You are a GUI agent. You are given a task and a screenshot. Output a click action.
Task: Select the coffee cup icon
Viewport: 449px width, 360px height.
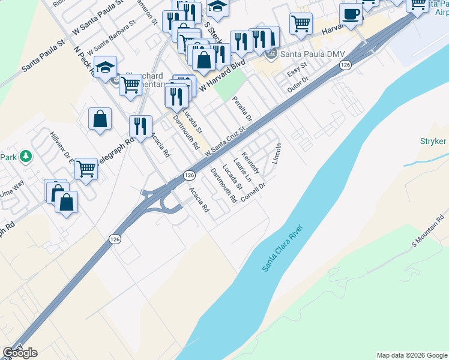[x=350, y=15]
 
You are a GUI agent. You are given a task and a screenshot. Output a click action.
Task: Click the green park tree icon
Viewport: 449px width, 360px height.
[x=25, y=157]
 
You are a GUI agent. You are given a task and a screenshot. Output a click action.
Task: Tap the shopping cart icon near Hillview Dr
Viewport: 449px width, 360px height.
[x=86, y=169]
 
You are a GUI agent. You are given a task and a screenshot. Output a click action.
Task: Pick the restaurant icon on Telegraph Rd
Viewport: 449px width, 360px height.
[x=140, y=127]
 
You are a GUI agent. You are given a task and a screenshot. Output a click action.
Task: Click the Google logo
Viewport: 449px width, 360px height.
[x=20, y=353]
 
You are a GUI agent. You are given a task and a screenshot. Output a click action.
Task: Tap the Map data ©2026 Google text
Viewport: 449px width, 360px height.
[x=411, y=355]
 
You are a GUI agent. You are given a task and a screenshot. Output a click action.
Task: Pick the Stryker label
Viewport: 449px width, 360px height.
[x=433, y=142]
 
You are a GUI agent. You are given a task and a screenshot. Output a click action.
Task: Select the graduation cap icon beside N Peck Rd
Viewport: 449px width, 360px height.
[x=105, y=68]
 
